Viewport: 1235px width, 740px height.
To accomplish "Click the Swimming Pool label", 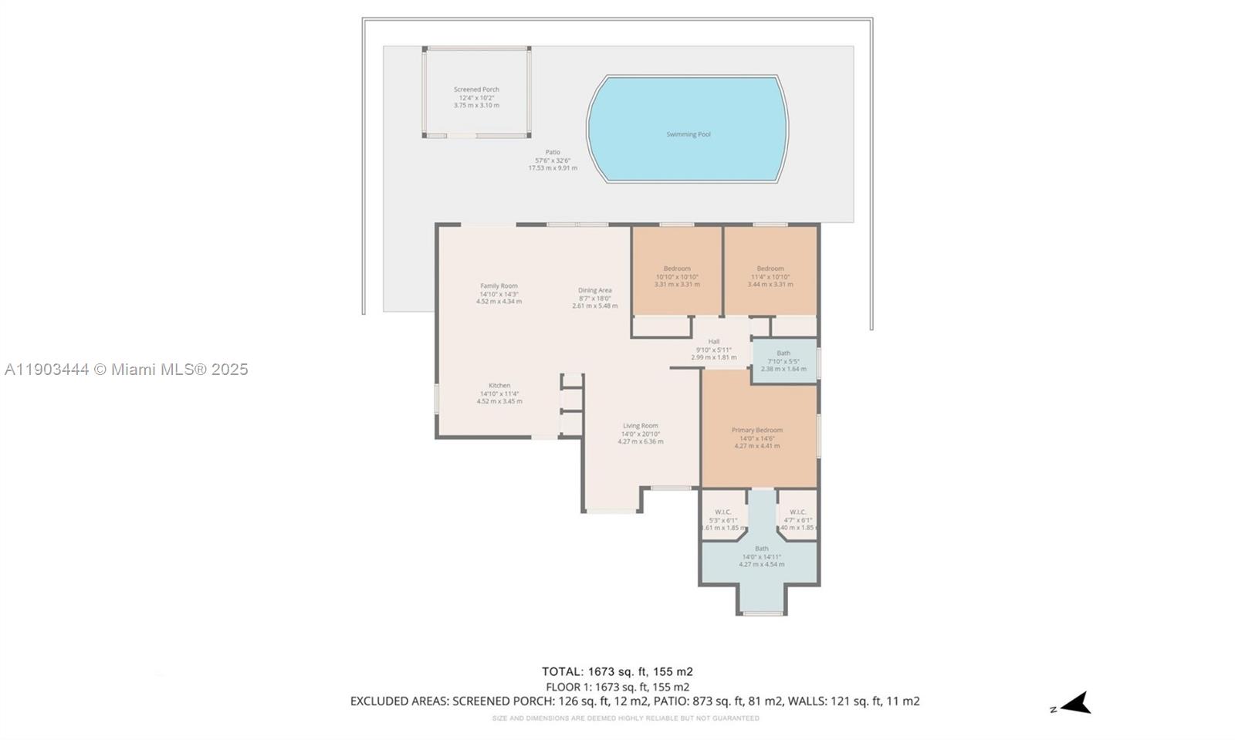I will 688,134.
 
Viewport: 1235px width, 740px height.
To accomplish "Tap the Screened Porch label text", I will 476,90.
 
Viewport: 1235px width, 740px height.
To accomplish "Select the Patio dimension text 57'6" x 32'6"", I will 553,160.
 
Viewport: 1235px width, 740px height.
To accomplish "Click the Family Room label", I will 499,286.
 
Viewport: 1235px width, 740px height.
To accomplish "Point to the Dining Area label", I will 594,290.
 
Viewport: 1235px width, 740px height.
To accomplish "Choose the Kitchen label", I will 499,385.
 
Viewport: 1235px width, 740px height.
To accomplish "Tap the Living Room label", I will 640,425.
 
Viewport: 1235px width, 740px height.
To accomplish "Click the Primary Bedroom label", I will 756,430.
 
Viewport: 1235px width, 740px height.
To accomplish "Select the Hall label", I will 713,341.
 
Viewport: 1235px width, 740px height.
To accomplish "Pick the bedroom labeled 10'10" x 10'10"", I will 677,276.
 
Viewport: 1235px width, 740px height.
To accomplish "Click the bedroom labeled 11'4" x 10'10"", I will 770,276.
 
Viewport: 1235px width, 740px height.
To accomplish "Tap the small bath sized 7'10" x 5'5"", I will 783,360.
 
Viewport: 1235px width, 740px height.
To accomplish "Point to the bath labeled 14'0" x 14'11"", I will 761,556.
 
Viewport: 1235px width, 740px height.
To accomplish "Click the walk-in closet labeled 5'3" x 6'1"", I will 723,519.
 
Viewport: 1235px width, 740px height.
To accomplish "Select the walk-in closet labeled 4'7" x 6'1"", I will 797,519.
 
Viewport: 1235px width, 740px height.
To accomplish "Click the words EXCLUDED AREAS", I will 398,701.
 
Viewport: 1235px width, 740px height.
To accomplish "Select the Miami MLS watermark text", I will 126,370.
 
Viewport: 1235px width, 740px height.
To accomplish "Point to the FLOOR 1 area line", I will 617,686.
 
